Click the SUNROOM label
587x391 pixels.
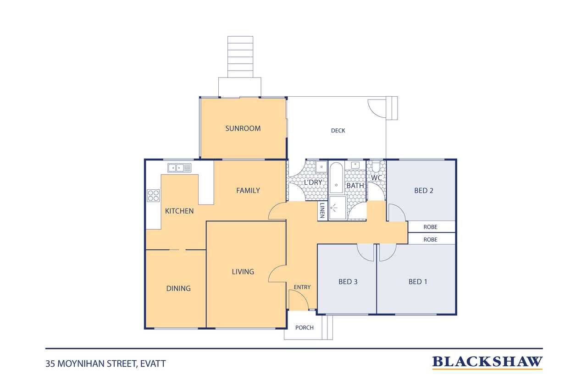click(243, 128)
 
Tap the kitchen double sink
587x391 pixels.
click(179, 168)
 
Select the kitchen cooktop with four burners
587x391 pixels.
click(153, 196)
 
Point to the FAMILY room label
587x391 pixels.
click(248, 190)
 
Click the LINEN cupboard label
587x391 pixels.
click(322, 210)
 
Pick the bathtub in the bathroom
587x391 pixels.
click(336, 178)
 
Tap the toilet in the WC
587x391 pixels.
click(376, 166)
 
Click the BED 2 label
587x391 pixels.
click(423, 190)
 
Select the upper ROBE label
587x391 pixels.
click(430, 227)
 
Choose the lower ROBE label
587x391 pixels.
click(430, 239)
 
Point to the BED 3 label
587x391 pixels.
click(348, 281)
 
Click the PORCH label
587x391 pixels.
click(304, 328)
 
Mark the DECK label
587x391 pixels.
click(338, 131)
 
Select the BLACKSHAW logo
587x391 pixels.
click(487, 363)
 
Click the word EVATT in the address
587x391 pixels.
click(153, 364)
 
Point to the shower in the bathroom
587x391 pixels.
click(338, 208)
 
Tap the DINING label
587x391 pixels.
click(178, 288)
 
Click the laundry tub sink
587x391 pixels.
click(321, 166)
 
